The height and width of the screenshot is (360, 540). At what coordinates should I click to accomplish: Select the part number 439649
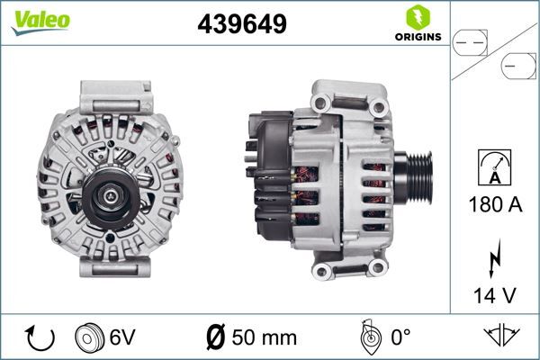[x=242, y=25]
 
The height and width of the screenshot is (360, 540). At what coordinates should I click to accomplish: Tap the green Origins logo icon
[x=417, y=17]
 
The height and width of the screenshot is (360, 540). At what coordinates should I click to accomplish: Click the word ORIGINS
[x=417, y=38]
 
